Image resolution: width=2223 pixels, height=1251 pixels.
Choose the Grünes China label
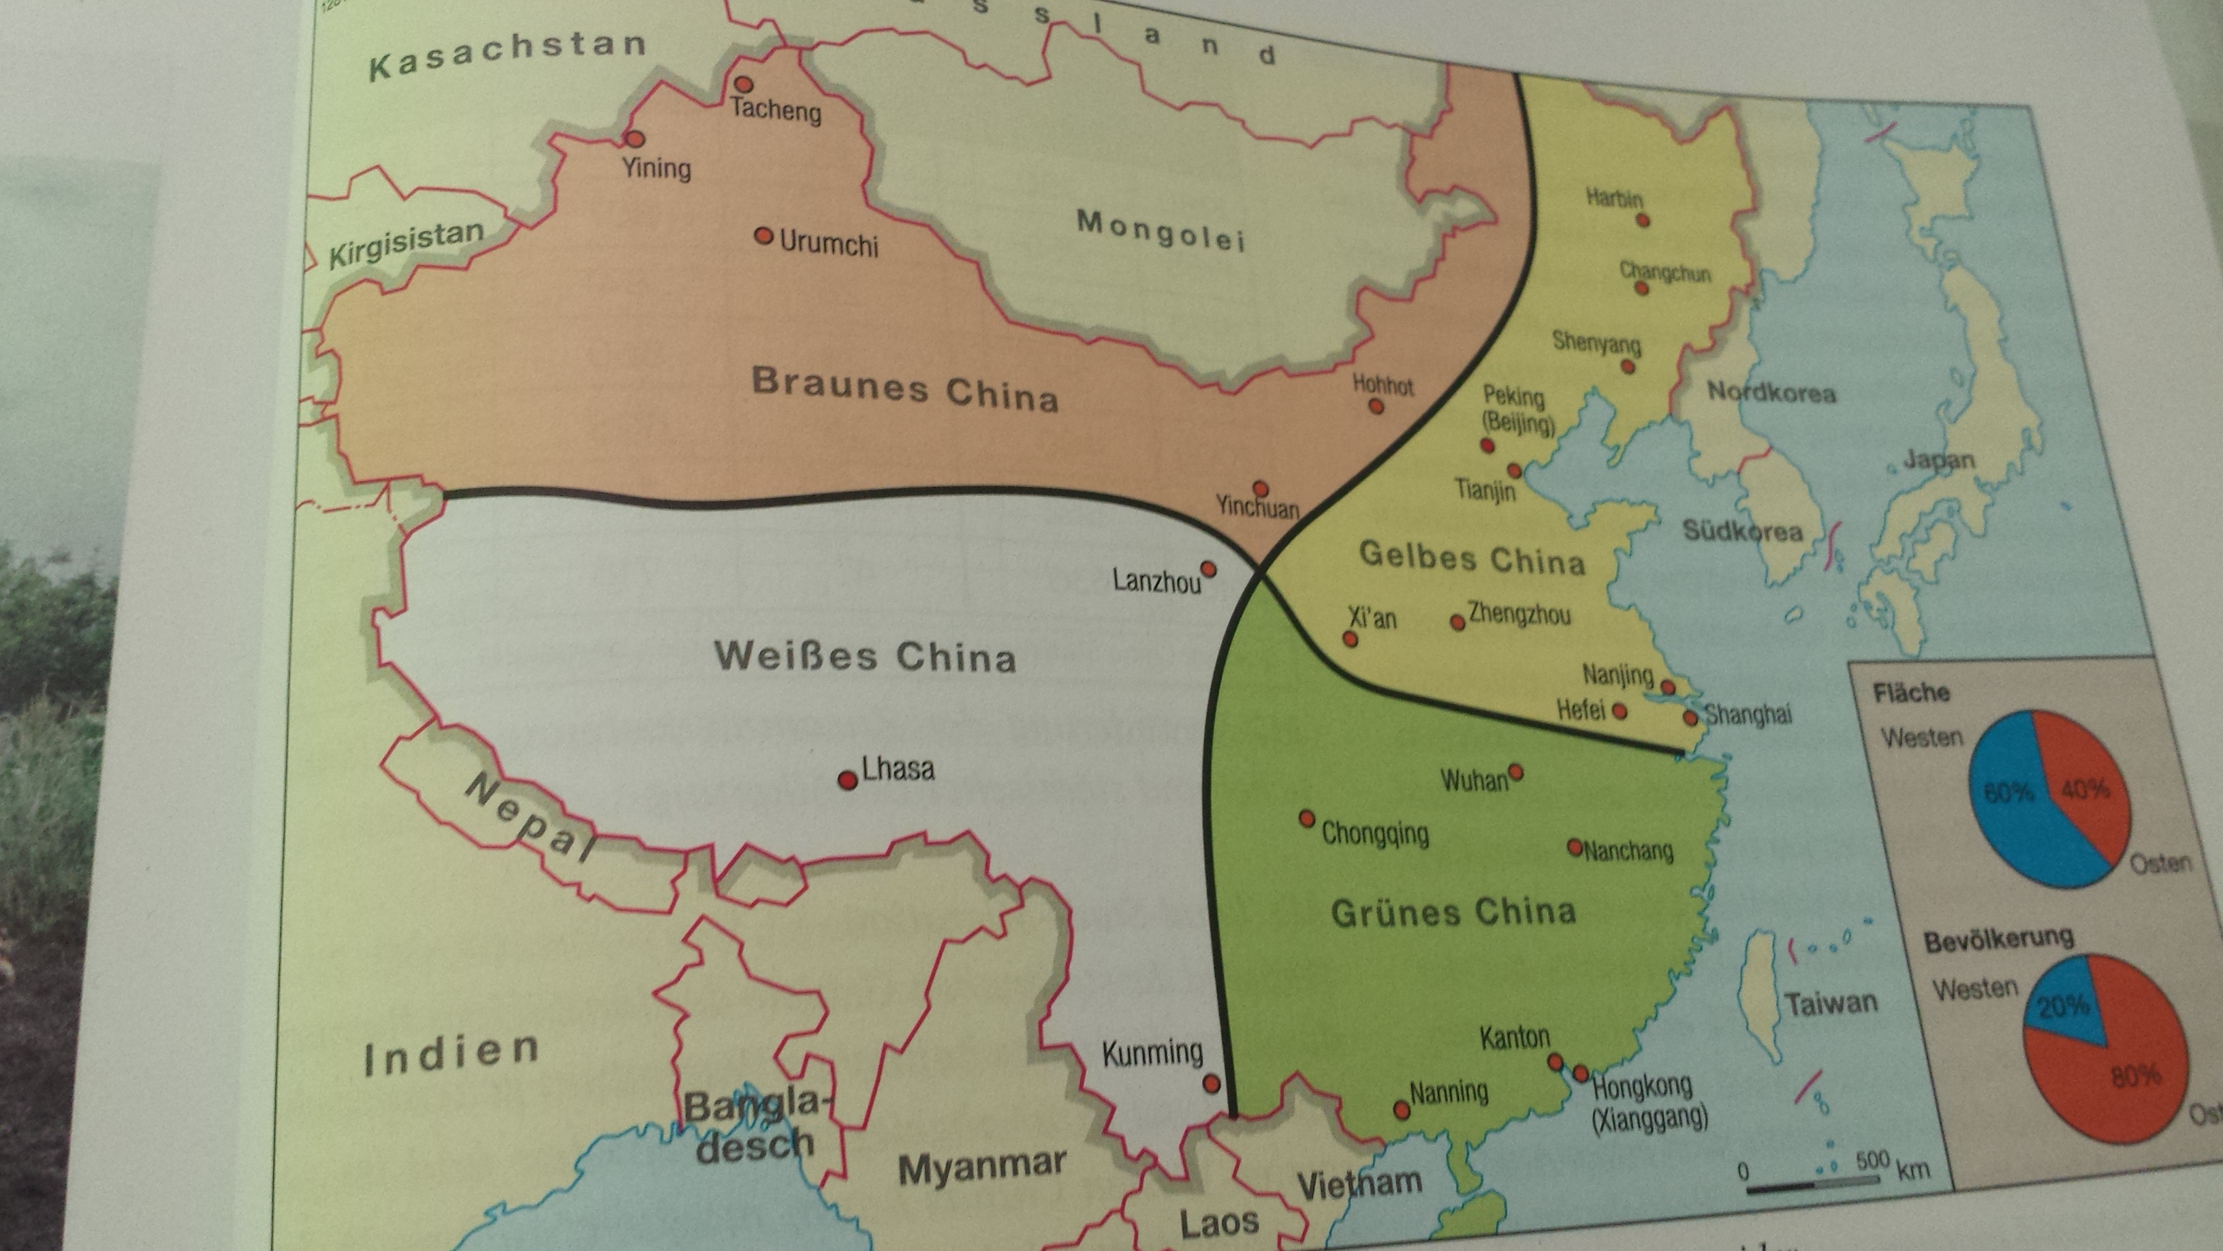1453,912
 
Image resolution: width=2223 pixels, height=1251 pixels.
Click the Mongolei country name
1161,230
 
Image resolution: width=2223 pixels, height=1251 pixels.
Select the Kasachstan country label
507,54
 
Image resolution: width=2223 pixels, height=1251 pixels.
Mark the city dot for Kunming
1212,1083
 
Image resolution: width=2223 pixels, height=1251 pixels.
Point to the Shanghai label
1748,715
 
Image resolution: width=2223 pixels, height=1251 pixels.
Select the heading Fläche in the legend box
1910,692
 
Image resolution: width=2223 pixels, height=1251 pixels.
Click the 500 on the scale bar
1872,1160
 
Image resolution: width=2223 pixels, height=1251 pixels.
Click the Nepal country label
528,818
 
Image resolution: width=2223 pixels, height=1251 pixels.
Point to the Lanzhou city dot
1209,569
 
